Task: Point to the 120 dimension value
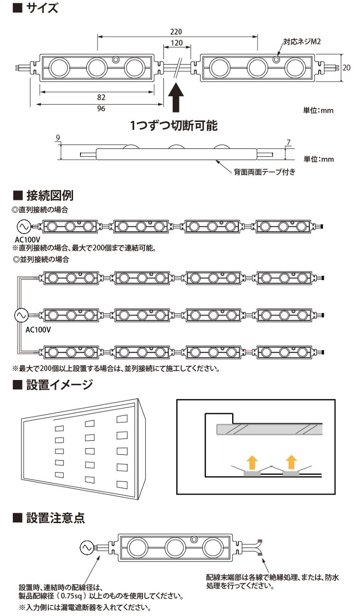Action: [177, 43]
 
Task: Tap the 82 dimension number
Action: [100, 97]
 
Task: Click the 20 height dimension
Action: [346, 68]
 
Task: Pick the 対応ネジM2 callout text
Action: [303, 42]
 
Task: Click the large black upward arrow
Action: [176, 97]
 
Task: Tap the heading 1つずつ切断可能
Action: [174, 126]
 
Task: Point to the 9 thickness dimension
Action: [58, 138]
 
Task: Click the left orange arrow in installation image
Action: [252, 461]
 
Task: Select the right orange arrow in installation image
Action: [291, 461]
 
